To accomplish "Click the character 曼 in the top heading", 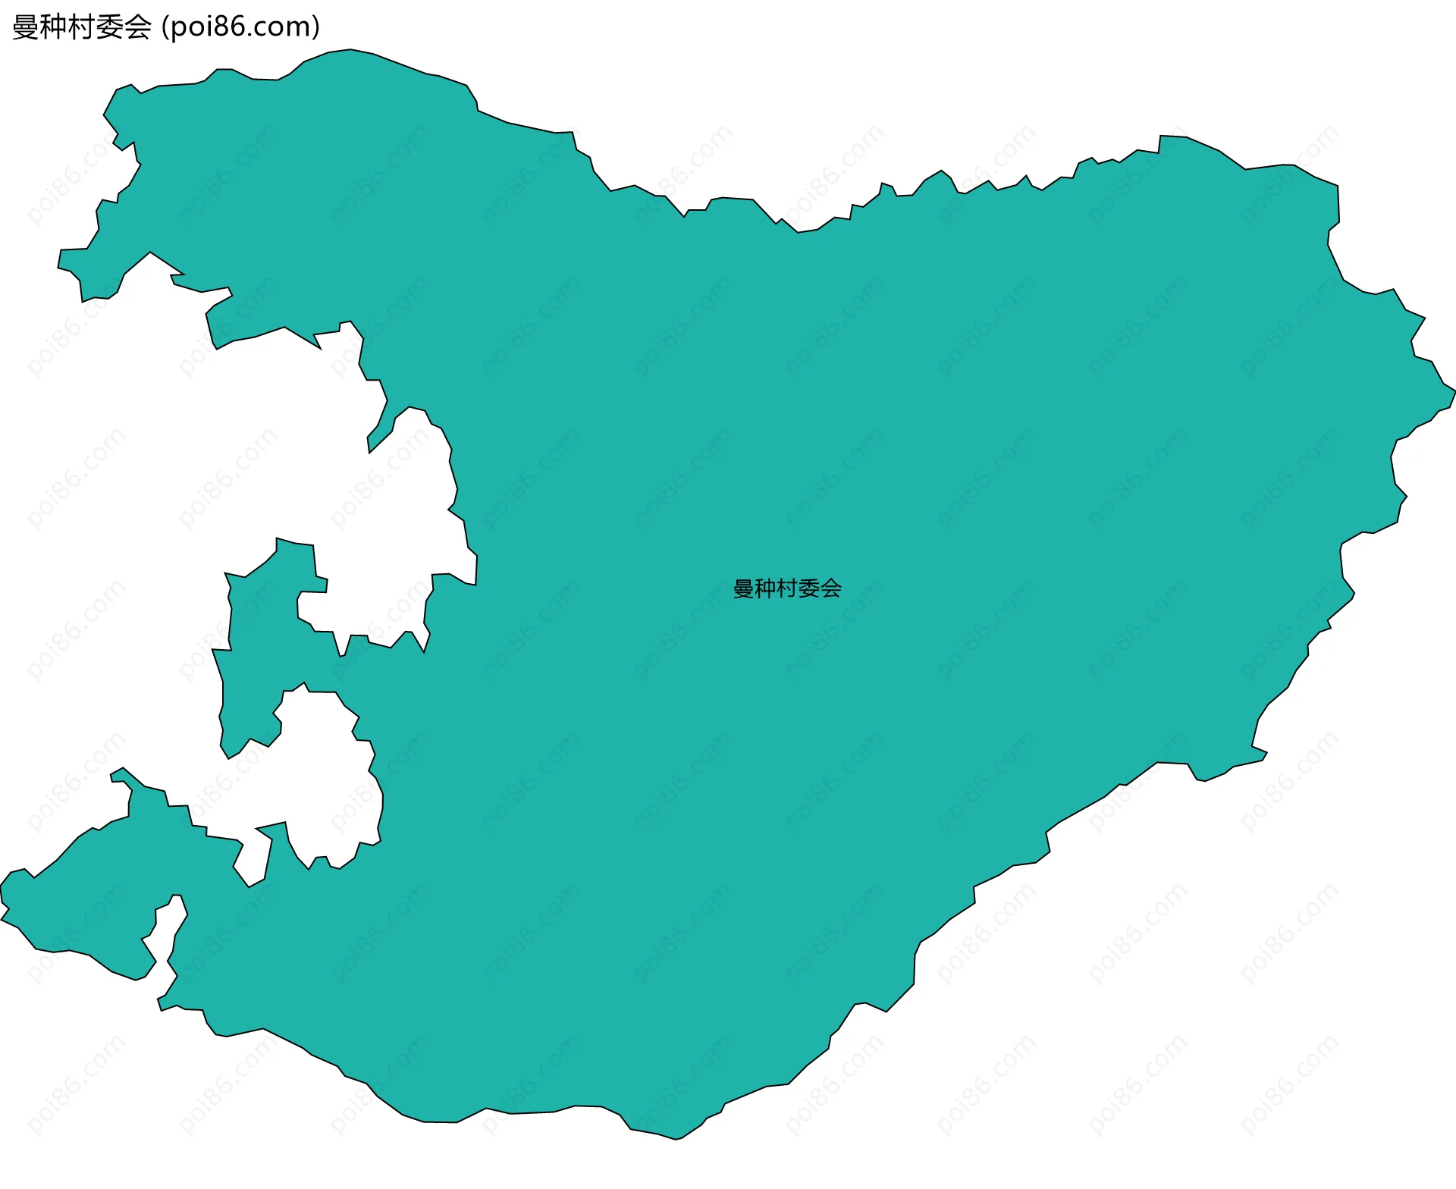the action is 25,27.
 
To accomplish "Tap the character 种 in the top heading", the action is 53,27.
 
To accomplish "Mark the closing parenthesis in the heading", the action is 316,27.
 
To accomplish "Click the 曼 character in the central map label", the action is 743,588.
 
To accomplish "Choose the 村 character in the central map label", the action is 787,588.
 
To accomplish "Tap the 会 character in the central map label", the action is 831,588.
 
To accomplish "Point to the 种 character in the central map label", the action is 765,588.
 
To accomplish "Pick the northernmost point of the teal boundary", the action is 350,50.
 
